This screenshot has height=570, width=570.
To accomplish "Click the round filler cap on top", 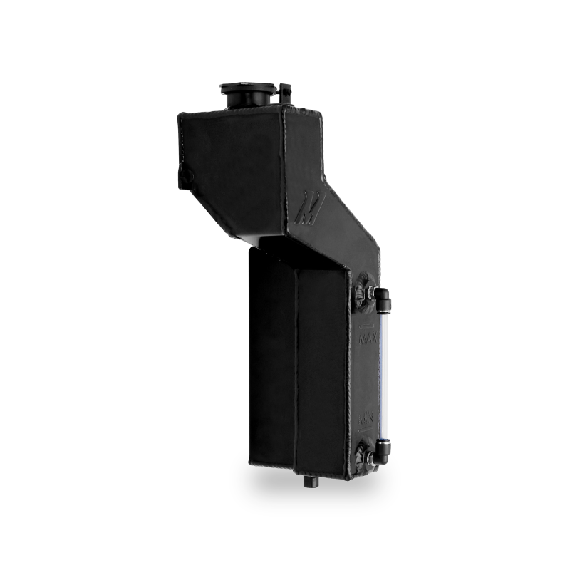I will coord(246,90).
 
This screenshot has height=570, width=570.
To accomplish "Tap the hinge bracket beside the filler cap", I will coord(286,92).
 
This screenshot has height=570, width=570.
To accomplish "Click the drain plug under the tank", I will coord(309,481).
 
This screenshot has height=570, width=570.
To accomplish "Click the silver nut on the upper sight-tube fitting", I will coord(371,291).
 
